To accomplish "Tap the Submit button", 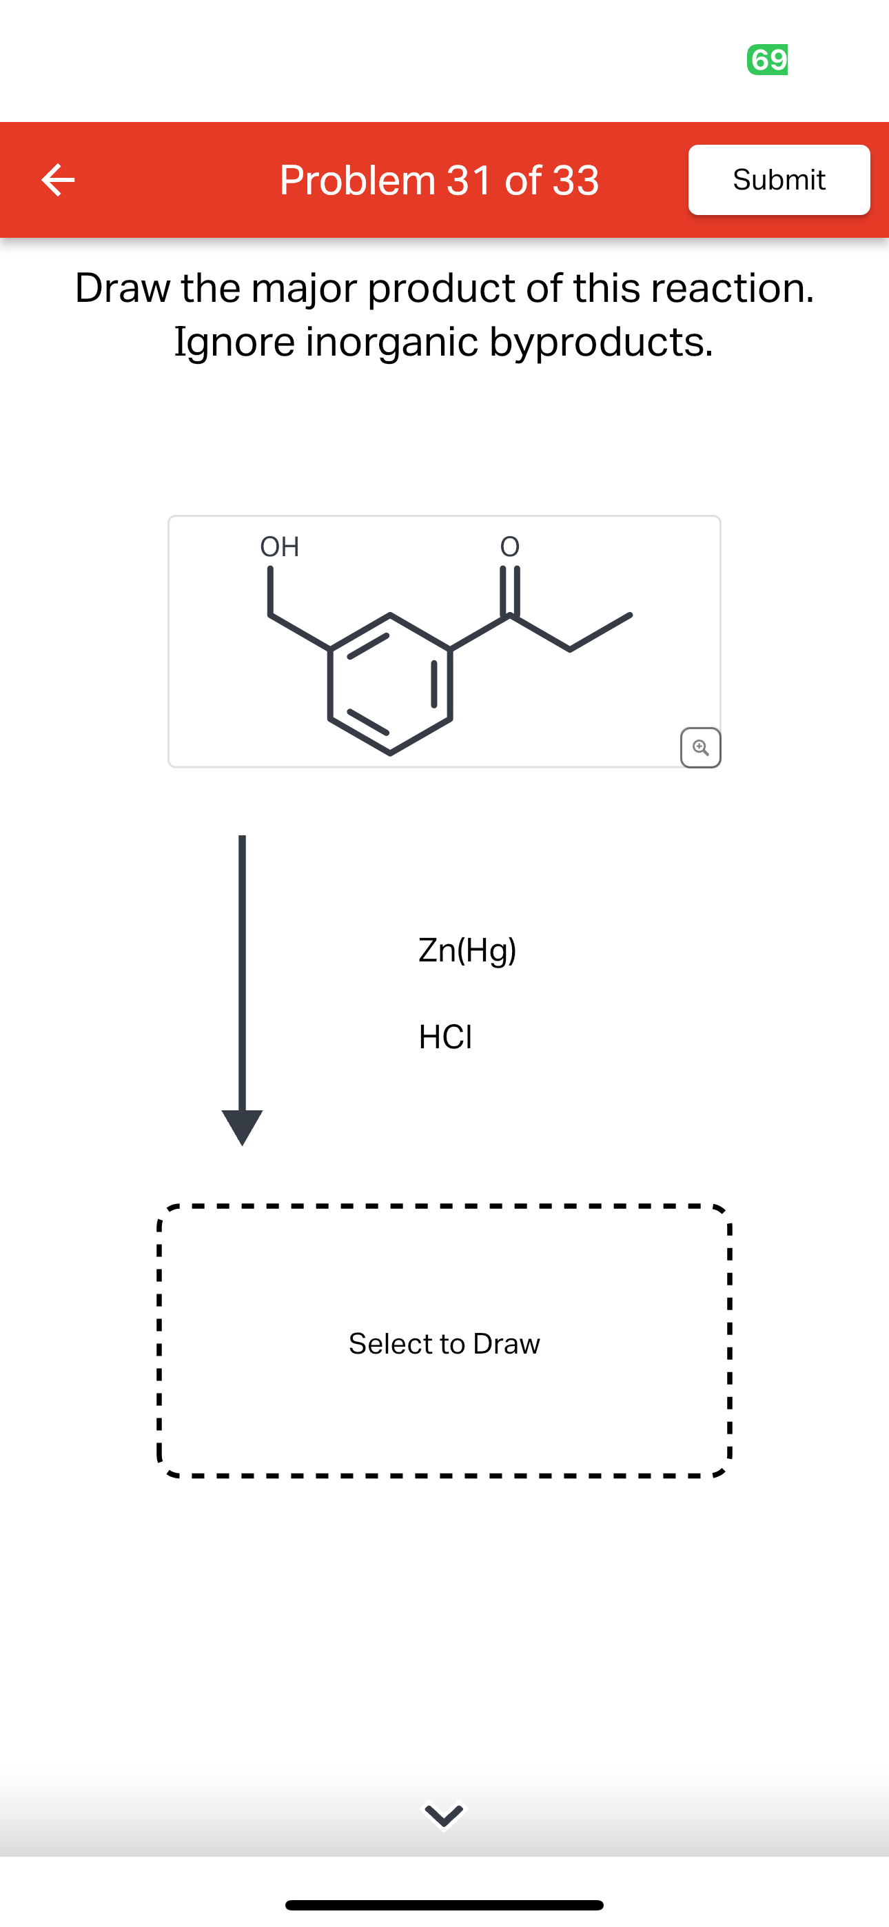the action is (778, 179).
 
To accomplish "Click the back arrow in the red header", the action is (58, 179).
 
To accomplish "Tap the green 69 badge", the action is (767, 59).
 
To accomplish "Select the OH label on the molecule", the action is (279, 547).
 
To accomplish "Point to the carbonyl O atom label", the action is (509, 547).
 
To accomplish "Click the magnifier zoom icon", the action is (700, 747).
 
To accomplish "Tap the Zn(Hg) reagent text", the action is (467, 950).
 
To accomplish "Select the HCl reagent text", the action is (445, 1037).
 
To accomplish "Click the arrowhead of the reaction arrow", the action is (242, 1126).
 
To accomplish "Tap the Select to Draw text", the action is (444, 1343).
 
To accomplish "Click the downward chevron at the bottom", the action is (444, 1815).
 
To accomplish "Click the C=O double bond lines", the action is (509, 591).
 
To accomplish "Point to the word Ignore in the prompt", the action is (234, 342).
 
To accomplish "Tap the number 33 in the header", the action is (575, 181).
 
